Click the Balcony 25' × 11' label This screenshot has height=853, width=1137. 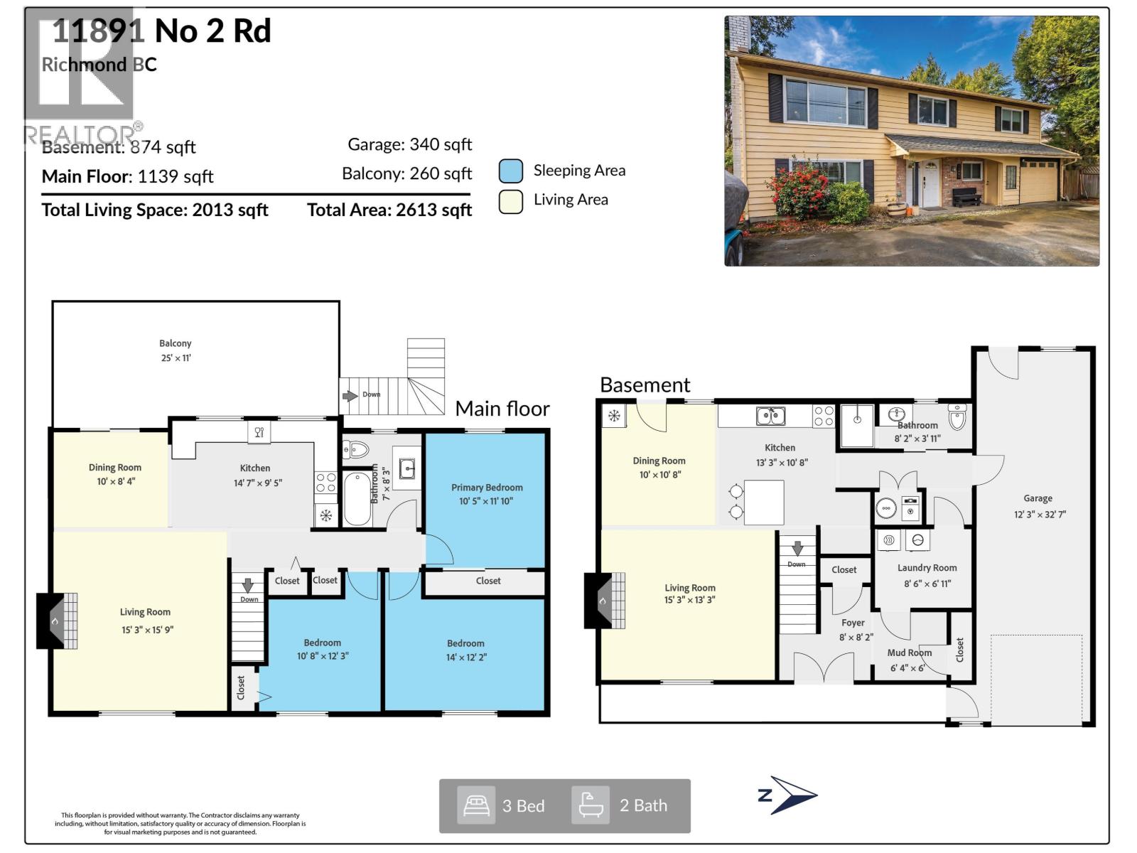point(176,350)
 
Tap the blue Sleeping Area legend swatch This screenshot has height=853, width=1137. point(510,171)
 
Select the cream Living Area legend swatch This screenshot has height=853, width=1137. point(510,201)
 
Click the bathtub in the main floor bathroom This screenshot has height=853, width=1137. point(357,499)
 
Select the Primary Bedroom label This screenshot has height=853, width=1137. point(487,494)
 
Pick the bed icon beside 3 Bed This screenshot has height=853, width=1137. point(476,805)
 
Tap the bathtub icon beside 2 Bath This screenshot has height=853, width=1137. point(591,805)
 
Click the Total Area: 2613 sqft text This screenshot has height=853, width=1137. point(389,210)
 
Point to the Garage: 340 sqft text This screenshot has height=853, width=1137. point(409,144)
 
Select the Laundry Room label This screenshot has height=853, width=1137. point(927,575)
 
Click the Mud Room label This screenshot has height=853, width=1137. point(909,660)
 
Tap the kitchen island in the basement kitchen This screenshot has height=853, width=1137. point(764,502)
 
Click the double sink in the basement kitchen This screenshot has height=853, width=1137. point(770,415)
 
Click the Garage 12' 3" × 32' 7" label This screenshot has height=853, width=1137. point(1038,506)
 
